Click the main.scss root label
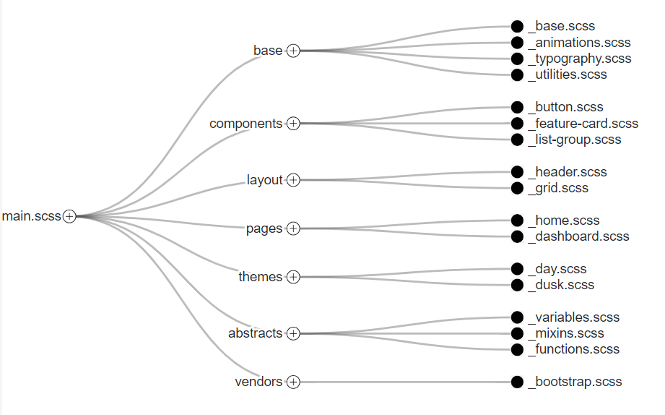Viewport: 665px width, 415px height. click(31, 216)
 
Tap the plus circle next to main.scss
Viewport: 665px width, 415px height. click(69, 216)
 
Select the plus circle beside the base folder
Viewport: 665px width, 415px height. click(293, 51)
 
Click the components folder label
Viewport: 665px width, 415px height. click(245, 124)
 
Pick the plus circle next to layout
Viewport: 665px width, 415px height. click(293, 180)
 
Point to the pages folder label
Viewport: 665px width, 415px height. click(264, 228)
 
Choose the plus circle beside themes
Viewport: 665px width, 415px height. click(293, 277)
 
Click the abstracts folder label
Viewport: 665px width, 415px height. click(255, 333)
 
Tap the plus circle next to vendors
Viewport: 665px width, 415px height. click(293, 382)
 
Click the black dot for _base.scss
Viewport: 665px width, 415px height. click(517, 27)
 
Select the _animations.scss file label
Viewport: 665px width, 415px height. click(579, 43)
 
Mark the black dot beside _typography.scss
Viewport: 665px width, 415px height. click(517, 59)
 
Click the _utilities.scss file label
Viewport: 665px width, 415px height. click(568, 74)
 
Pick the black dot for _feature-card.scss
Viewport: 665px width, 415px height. click(517, 124)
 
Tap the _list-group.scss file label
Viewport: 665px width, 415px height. click(574, 140)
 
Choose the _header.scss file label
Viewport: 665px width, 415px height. click(568, 172)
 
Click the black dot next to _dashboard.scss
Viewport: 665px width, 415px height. click(517, 236)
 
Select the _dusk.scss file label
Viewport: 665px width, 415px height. click(561, 285)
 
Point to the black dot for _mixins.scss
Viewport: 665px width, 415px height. click(517, 333)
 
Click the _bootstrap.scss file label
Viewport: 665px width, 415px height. click(575, 382)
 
